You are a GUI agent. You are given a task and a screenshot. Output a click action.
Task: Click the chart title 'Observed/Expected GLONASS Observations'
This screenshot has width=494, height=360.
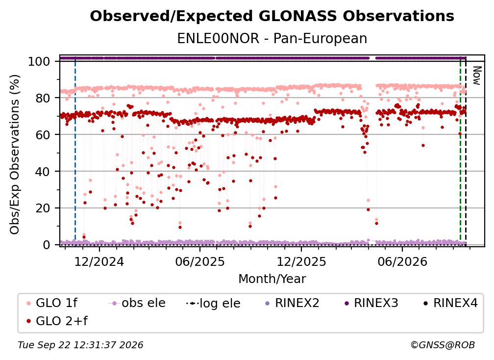click(x=272, y=16)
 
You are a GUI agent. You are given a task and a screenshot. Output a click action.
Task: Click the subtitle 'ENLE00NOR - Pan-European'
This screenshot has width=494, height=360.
click(x=272, y=39)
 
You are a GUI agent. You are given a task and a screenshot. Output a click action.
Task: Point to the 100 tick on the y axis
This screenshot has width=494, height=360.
click(x=39, y=61)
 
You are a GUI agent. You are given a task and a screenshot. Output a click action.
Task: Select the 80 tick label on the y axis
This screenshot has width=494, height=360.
click(x=43, y=98)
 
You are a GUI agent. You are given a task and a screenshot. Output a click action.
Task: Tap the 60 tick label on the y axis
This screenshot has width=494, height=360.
click(x=43, y=135)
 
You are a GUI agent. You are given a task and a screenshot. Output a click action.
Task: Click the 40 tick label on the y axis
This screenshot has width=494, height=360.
click(x=43, y=172)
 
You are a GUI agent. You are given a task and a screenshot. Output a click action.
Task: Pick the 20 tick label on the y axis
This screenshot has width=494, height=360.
click(x=43, y=208)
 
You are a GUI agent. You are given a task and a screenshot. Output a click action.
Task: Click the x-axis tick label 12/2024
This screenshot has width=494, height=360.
click(x=99, y=261)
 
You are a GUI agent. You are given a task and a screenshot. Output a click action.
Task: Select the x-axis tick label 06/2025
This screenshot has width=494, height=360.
click(x=200, y=261)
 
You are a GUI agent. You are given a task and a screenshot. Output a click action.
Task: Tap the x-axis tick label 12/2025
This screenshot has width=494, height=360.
click(x=301, y=261)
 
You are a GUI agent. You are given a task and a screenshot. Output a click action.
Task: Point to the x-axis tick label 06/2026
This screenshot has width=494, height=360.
click(x=402, y=261)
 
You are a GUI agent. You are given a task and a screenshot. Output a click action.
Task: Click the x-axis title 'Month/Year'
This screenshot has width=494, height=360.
click(x=272, y=279)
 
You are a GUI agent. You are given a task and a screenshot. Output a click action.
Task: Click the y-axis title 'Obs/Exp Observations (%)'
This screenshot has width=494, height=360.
click(x=15, y=154)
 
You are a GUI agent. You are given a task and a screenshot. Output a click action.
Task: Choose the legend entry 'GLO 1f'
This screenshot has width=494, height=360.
click(x=51, y=303)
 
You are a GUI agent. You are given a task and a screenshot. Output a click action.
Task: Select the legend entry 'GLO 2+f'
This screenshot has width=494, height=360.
click(x=57, y=321)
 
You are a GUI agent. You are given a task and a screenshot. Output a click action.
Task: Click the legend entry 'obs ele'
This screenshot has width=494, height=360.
click(x=136, y=303)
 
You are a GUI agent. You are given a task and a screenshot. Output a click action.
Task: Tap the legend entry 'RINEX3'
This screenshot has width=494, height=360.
click(x=371, y=303)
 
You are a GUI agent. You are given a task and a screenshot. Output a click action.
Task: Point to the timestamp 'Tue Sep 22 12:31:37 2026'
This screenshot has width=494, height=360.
click(x=80, y=345)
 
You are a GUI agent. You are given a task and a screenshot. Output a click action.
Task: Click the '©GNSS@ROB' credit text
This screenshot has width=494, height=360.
click(x=443, y=345)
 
